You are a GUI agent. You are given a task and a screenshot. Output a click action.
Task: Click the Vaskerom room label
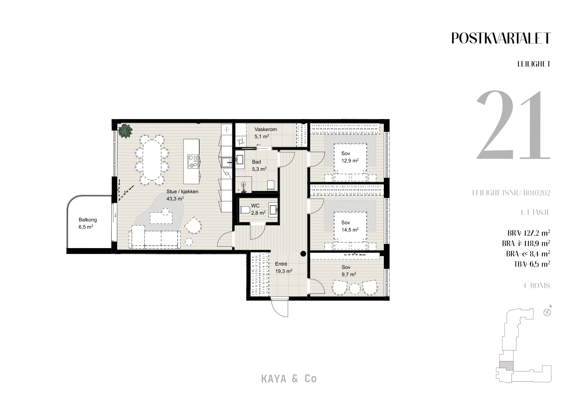pos(266,129)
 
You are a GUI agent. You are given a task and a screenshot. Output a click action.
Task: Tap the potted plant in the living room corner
pos(125,131)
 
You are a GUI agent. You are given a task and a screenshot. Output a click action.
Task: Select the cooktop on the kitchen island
pos(193,161)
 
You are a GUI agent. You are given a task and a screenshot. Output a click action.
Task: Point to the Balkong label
pos(88,220)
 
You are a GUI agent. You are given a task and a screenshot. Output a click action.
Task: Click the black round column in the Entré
pos(303,254)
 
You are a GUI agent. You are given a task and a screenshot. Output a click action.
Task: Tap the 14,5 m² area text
pos(350,230)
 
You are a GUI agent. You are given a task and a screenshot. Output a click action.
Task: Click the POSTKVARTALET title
pos(501,38)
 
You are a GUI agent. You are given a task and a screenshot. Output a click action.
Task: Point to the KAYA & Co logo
pos(289,379)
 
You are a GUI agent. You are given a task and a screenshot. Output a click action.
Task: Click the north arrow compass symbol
pos(548,312)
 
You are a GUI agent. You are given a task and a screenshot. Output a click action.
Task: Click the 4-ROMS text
pos(536,285)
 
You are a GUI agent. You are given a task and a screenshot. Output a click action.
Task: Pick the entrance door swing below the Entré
pos(280,307)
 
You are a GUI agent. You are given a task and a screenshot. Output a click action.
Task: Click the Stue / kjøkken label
pos(182,191)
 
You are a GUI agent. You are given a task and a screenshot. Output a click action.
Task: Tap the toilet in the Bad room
pos(271,185)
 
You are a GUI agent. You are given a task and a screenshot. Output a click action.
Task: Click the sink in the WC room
pos(273,209)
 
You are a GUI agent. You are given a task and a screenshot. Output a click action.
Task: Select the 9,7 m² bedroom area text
pos(349,274)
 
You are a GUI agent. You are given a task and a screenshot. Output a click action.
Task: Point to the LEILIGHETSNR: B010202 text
pos(511,193)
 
